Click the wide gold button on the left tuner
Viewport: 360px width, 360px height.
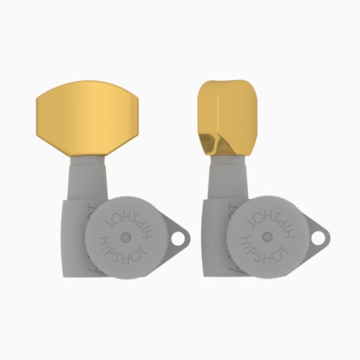coord(87,118)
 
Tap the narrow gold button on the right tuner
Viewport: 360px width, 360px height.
coord(228,118)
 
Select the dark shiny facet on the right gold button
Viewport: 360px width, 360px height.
coord(214,143)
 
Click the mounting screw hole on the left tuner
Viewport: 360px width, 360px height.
coord(178,238)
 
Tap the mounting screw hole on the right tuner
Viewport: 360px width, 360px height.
coord(318,238)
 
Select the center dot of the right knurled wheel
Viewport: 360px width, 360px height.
coord(266,236)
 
